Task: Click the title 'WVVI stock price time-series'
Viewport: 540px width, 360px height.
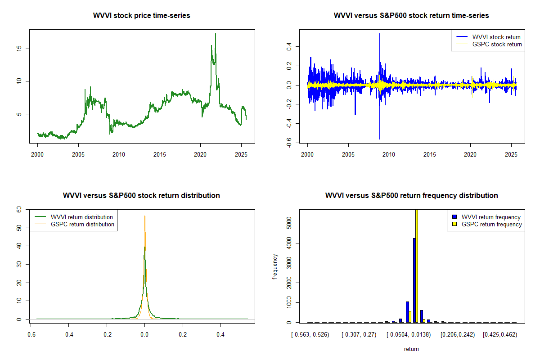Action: (x=141, y=16)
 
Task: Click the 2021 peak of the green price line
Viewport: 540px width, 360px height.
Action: (x=216, y=34)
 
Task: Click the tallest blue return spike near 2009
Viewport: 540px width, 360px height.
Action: (x=379, y=34)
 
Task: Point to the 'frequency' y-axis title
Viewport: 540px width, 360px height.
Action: (x=275, y=267)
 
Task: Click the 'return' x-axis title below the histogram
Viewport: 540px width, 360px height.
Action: (x=411, y=349)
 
